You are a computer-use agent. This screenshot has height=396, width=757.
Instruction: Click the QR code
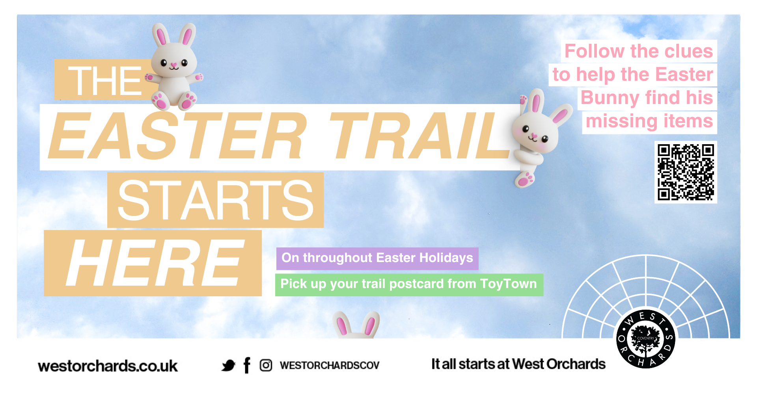tap(686, 172)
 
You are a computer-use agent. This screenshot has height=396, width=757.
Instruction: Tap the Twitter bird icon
tap(228, 366)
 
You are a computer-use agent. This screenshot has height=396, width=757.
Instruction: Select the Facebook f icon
tap(247, 365)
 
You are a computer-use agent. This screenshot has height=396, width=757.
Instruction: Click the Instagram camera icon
tap(266, 365)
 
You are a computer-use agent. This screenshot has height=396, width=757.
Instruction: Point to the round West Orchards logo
tap(645, 339)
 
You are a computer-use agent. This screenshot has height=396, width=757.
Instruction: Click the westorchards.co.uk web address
tap(108, 366)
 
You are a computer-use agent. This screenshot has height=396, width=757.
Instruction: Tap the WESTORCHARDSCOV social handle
tap(330, 366)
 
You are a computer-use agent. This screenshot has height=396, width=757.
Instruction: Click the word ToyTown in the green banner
tap(508, 284)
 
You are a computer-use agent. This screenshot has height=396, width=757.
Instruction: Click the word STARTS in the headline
tap(215, 200)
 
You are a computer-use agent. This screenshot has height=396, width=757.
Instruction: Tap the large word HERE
tap(154, 263)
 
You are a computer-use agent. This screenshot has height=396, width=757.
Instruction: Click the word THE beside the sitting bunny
tap(105, 81)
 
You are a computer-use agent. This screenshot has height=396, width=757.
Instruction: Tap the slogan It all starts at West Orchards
tap(518, 364)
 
